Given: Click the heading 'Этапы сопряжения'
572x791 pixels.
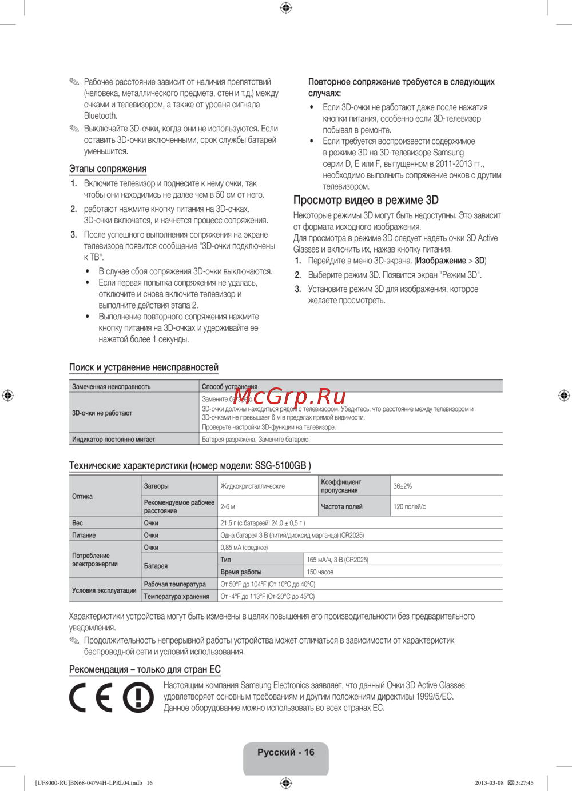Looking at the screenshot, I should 108,169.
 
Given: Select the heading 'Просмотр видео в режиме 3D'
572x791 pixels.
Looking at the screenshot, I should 366,200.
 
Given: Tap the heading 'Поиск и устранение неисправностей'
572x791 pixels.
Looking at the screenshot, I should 144,367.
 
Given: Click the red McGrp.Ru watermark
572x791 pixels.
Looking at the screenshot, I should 289,396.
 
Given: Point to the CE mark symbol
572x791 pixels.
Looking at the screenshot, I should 91,697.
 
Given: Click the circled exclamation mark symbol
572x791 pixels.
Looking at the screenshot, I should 138,697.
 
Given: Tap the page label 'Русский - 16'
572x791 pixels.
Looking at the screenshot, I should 286,753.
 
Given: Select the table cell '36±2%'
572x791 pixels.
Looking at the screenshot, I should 402,486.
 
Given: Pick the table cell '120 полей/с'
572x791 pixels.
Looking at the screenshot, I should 410,507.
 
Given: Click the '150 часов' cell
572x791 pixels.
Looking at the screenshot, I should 320,572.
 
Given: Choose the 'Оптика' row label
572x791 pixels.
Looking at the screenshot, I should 82,497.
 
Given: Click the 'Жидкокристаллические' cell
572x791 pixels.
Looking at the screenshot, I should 253,486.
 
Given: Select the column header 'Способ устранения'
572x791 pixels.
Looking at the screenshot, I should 229,387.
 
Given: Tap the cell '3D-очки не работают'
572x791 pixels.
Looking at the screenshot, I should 102,413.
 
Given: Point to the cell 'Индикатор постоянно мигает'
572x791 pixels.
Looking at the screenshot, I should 113,440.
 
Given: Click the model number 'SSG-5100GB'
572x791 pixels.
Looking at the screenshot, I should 280,466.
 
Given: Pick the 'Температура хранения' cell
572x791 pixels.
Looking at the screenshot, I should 177,597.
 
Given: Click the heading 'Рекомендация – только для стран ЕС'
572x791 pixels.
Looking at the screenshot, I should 145,670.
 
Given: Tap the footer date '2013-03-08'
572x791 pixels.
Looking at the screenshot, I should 489,783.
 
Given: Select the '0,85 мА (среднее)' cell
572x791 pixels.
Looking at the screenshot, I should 244,548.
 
